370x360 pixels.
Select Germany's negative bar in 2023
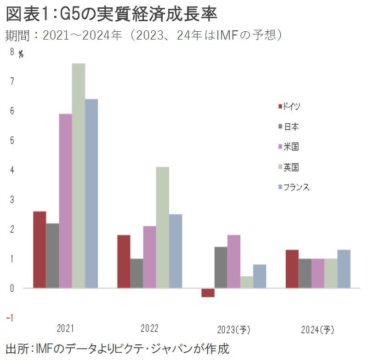[208, 292]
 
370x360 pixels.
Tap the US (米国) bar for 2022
[149, 257]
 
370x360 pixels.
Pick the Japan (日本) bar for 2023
[221, 267]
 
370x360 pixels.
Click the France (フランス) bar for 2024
[344, 269]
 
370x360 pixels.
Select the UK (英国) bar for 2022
[162, 228]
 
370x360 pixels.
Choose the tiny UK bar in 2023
[247, 282]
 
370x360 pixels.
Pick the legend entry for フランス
[294, 187]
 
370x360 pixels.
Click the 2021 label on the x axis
[65, 329]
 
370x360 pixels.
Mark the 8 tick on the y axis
[11, 52]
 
